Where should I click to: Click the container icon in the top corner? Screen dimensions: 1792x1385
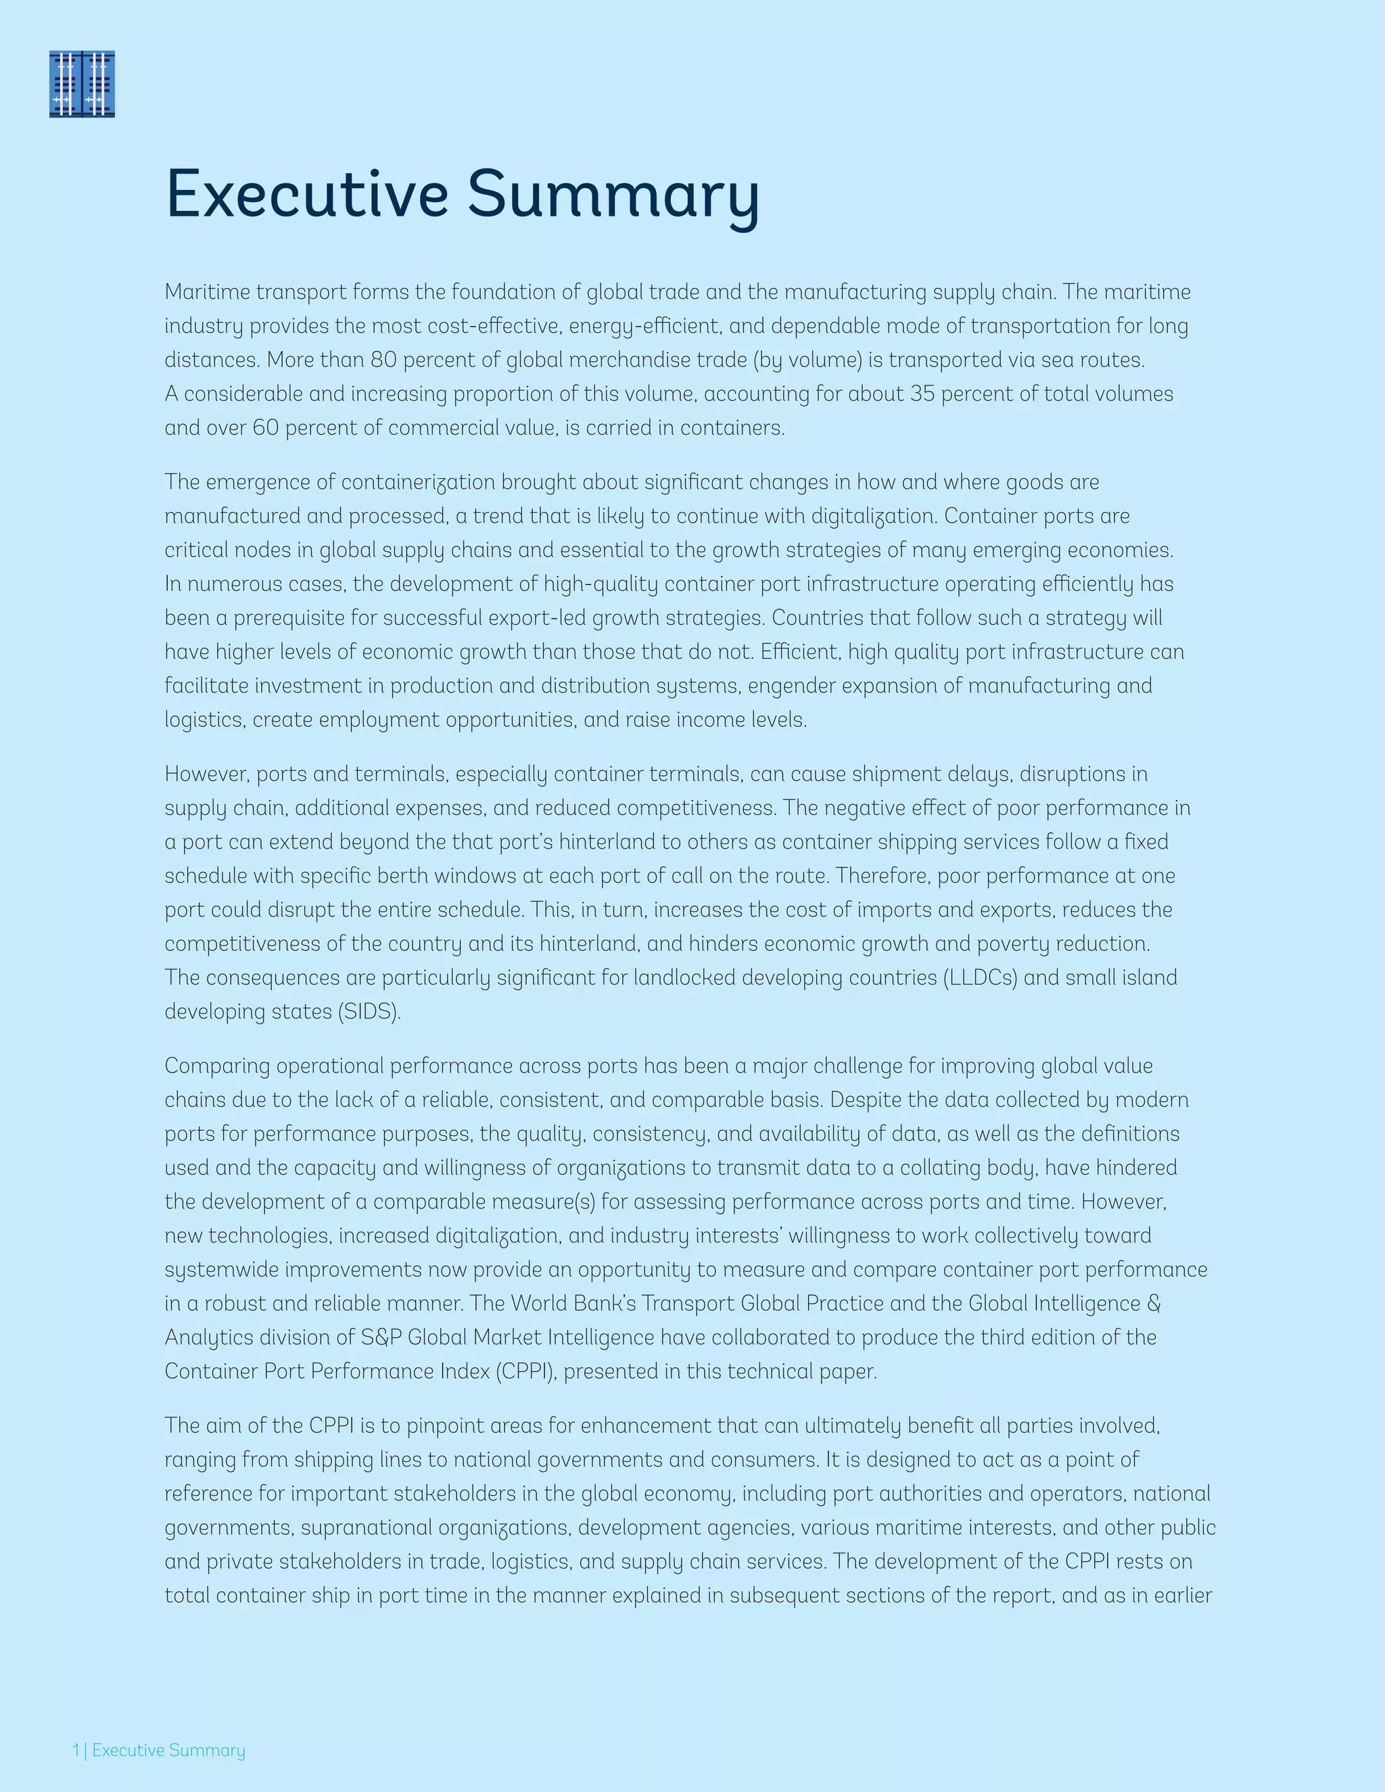(82, 84)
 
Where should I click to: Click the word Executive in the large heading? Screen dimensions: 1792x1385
(307, 195)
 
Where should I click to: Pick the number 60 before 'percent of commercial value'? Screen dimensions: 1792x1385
(266, 428)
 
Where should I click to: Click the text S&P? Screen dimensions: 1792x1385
(381, 1338)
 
